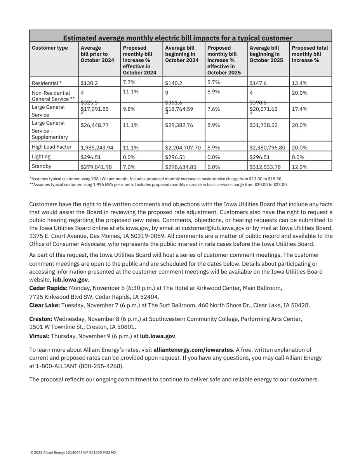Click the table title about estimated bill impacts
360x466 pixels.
coord(177,38)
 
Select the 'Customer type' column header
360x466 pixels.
coord(50,48)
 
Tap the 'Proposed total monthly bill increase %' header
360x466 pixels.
coord(310,54)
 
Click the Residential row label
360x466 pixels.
coord(47,83)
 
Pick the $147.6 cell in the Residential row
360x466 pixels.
coord(258,83)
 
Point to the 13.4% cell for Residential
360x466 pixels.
coord(299,83)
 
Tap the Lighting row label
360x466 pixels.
coord(41,156)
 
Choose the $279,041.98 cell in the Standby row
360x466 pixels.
coord(96,167)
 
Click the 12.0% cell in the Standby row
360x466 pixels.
coord(299,167)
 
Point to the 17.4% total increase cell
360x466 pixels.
coord(299,109)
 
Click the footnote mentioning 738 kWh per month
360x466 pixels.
coord(156,179)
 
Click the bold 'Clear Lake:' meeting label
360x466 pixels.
coord(44,305)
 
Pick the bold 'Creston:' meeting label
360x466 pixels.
coord(41,319)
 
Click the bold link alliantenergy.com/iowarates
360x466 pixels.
coord(193,350)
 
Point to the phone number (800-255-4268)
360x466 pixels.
coord(101,366)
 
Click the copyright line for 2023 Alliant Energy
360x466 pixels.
coord(73,452)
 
